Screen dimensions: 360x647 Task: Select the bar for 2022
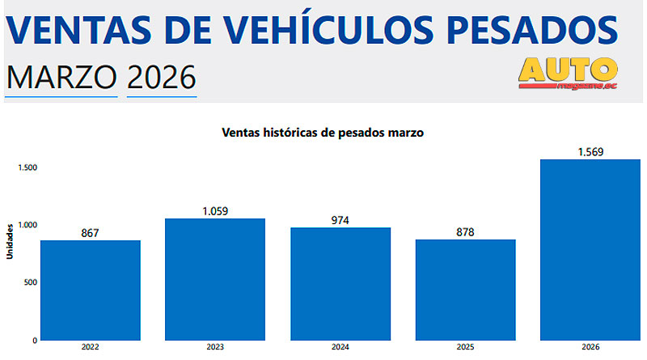[x=91, y=290]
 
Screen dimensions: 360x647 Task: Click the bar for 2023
[x=215, y=279]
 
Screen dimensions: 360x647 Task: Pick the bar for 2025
[x=465, y=290]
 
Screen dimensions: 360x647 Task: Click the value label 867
[x=91, y=233]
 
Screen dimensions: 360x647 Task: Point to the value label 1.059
[x=215, y=211]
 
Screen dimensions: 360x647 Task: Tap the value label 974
[x=340, y=220]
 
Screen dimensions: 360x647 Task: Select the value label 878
[x=465, y=232]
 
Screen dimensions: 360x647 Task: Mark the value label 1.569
[x=590, y=152]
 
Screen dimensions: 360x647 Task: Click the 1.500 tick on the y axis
[x=27, y=167]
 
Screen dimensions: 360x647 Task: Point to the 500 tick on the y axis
[x=30, y=282]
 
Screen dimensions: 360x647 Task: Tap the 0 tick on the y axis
[x=35, y=341]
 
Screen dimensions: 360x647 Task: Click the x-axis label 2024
[x=340, y=348]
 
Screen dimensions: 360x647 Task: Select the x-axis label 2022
[x=91, y=348]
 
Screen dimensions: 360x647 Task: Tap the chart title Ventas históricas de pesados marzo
[x=323, y=133]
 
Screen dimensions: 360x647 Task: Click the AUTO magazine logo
[x=568, y=72]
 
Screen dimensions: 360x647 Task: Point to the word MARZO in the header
[x=61, y=78]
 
